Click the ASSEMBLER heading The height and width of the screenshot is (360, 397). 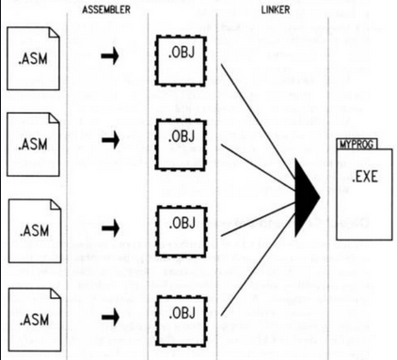tap(106, 9)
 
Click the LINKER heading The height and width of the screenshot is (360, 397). tap(276, 10)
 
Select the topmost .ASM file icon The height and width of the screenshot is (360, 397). tap(33, 58)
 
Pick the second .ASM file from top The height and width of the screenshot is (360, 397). tap(33, 144)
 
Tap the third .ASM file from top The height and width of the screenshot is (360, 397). tap(35, 230)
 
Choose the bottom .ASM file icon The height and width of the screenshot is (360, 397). tap(35, 320)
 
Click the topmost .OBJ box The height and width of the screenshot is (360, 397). tap(182, 61)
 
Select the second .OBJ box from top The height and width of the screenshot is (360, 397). tap(181, 145)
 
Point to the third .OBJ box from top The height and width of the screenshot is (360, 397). tap(182, 231)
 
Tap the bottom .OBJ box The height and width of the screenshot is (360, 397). tap(182, 321)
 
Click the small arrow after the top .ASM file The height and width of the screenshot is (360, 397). tap(110, 56)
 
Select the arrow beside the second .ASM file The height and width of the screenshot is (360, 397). tap(110, 140)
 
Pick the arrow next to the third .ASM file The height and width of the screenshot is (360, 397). tap(110, 227)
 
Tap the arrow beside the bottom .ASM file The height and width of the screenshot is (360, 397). tap(110, 317)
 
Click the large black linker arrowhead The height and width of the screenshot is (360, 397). tap(306, 197)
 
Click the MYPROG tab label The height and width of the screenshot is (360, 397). tap(357, 144)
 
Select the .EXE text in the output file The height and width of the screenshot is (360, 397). tap(365, 177)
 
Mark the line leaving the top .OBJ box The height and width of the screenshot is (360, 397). tap(259, 123)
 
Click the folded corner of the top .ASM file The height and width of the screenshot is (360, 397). tap(54, 33)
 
